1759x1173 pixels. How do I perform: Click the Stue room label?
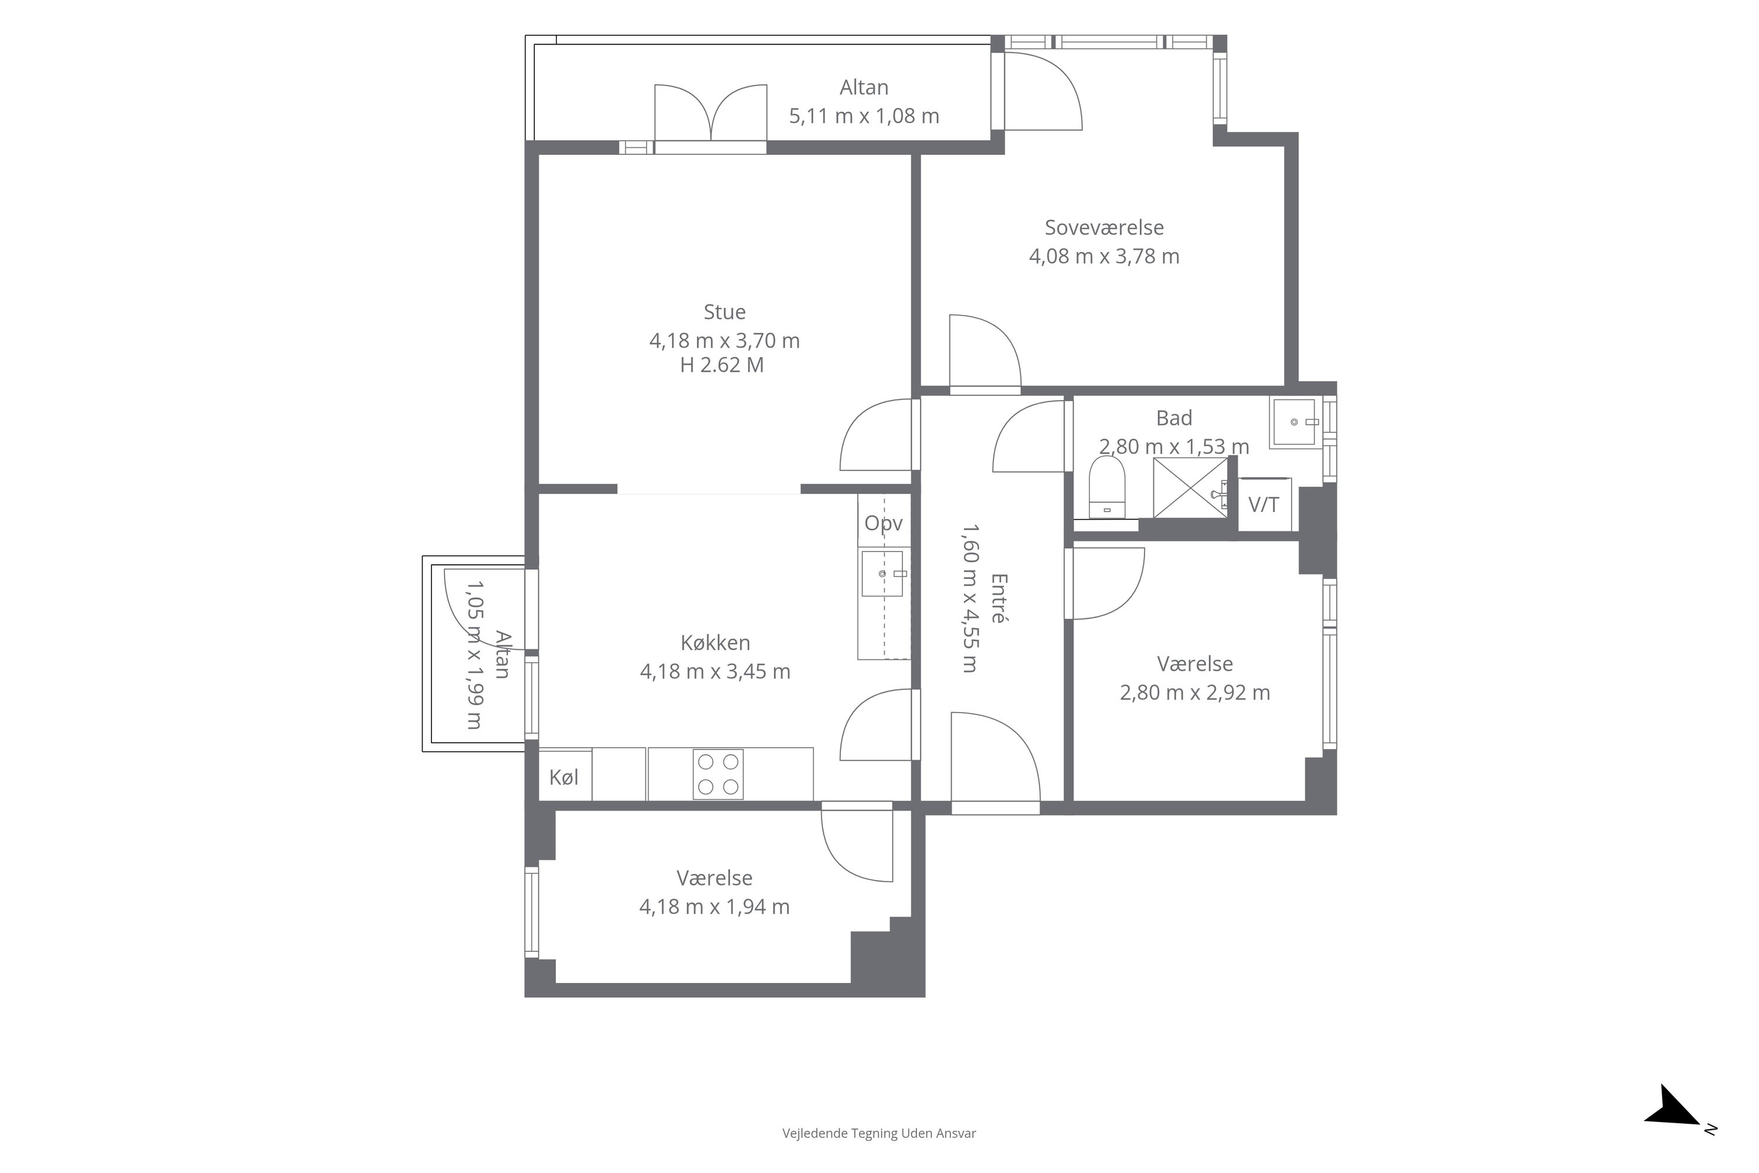click(724, 311)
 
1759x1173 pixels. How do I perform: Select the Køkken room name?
click(715, 642)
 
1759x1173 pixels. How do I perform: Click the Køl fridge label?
click(564, 777)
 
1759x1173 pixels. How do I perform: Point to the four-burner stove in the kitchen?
click(717, 774)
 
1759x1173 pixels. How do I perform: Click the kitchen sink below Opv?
click(883, 574)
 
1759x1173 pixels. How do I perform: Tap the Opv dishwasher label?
click(883, 523)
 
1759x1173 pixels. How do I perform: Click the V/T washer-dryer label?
click(1263, 505)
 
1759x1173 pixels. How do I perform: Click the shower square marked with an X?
click(1190, 488)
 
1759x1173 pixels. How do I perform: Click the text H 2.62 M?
click(722, 365)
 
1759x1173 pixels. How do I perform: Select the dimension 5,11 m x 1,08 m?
click(864, 116)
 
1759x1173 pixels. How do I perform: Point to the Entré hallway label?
click(999, 598)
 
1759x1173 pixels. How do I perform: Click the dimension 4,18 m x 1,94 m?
click(714, 907)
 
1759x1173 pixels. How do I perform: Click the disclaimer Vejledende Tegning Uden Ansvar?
click(879, 1133)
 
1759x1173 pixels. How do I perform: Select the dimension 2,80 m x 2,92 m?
click(1194, 693)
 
